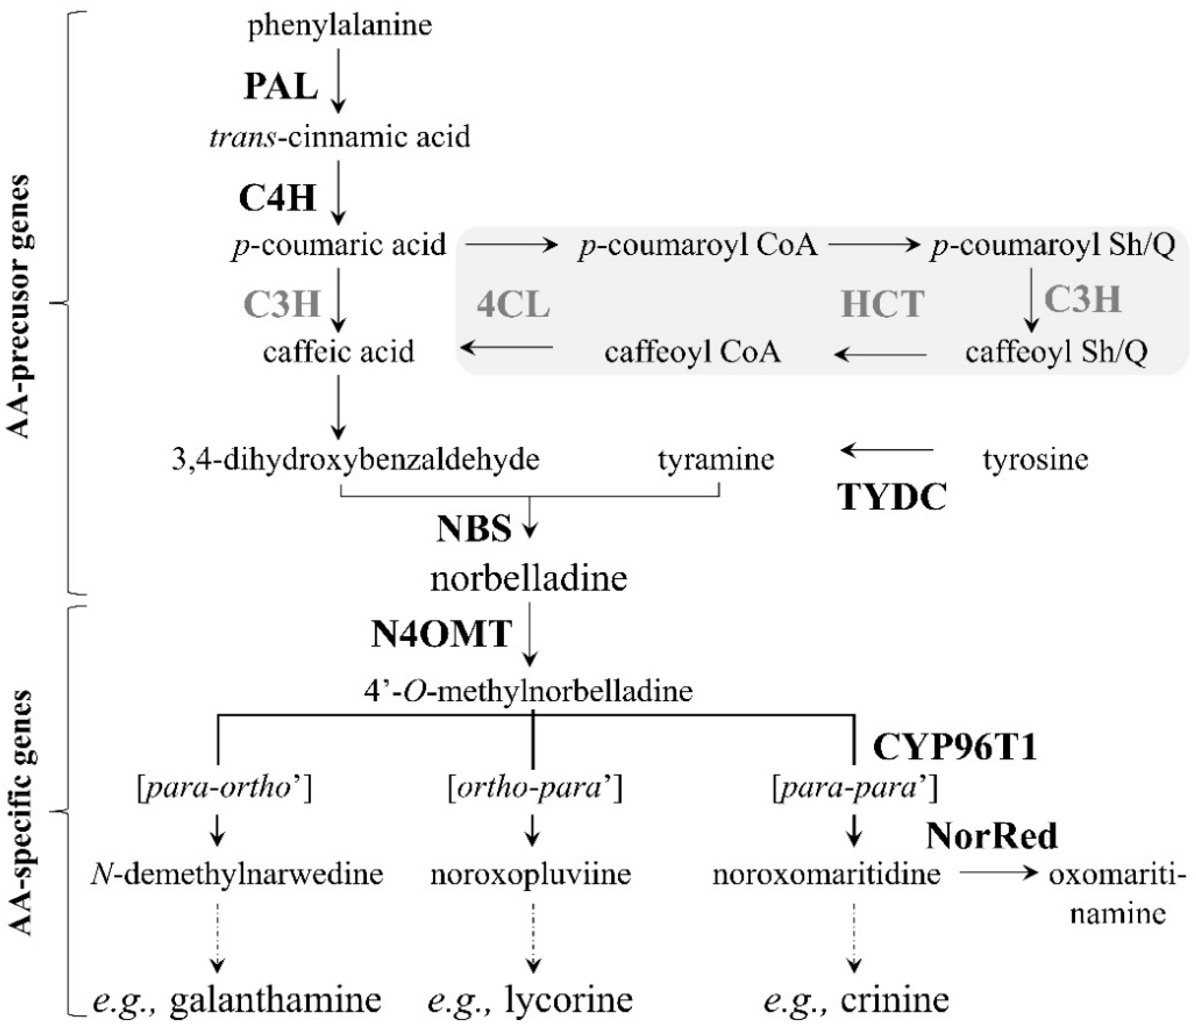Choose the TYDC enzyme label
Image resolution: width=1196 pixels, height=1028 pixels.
(x=892, y=496)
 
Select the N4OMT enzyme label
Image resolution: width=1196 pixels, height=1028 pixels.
(x=441, y=634)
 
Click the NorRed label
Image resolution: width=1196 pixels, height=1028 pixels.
(x=992, y=836)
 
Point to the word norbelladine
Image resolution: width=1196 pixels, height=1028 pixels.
(x=529, y=578)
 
